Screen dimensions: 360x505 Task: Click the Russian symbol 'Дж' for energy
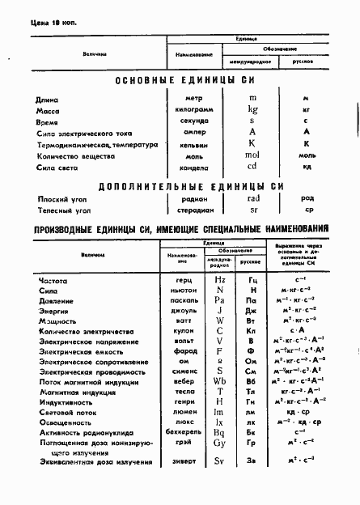(252, 311)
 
